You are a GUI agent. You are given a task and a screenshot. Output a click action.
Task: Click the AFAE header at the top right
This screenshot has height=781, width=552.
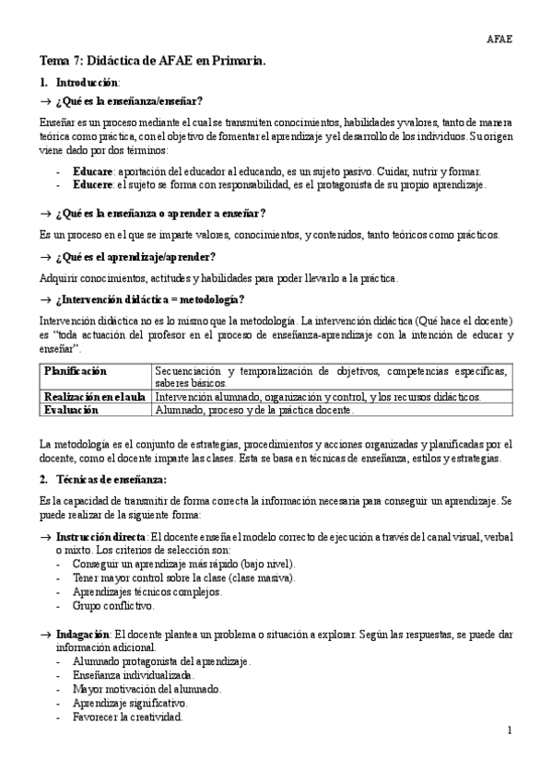499,39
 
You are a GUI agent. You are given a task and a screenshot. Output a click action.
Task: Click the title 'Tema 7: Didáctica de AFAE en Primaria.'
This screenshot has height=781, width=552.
152,61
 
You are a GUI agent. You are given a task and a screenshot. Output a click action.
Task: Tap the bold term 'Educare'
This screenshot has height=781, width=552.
92,171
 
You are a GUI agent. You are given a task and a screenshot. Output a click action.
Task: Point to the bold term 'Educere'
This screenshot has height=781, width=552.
92,185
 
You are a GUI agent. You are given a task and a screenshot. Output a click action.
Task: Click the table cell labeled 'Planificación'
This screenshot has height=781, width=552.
76,370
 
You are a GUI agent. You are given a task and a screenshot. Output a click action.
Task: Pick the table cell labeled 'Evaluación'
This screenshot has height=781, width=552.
71,409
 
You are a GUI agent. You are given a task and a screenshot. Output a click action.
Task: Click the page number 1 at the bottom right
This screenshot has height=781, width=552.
509,730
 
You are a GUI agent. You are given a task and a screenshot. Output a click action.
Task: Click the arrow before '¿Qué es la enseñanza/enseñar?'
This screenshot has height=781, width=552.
46,100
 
